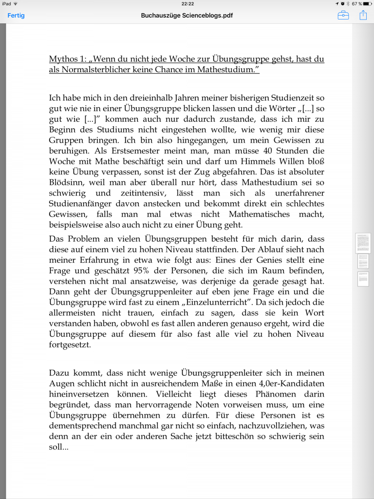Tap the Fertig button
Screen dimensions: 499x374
pyautogui.click(x=16, y=15)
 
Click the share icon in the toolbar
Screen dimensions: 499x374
pyautogui.click(x=363, y=15)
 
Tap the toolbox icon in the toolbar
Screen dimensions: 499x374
pyautogui.click(x=343, y=15)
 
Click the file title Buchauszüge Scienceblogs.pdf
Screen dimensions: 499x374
pyautogui.click(x=187, y=15)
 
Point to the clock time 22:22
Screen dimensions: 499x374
pyautogui.click(x=187, y=4)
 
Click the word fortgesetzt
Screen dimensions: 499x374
pyautogui.click(x=71, y=345)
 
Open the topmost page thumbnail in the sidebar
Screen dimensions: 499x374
pyautogui.click(x=363, y=243)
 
